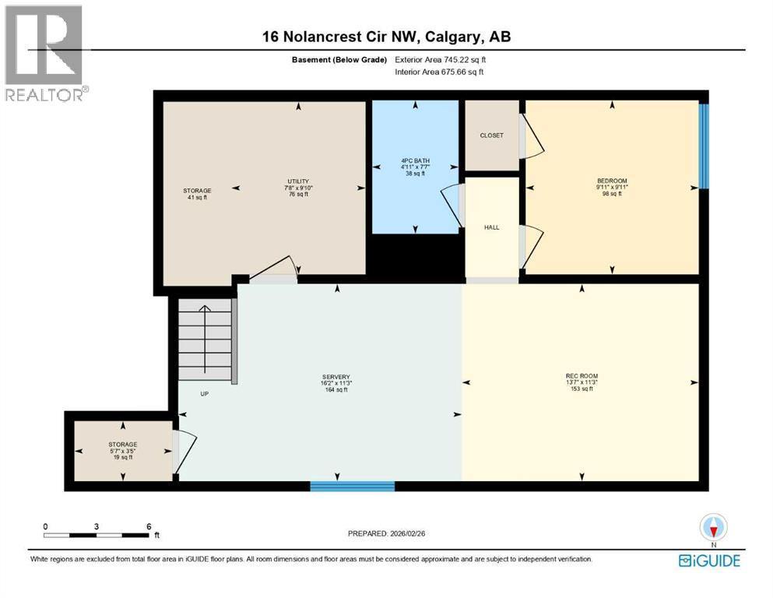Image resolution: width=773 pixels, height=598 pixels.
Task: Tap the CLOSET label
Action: tap(491, 135)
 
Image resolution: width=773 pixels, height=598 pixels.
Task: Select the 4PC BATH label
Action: tap(415, 161)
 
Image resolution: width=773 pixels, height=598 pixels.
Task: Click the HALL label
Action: tap(491, 227)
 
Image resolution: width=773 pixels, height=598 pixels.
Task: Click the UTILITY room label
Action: tap(299, 181)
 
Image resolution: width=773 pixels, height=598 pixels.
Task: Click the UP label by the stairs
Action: tap(205, 394)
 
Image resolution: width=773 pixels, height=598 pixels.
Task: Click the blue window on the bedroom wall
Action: tap(704, 146)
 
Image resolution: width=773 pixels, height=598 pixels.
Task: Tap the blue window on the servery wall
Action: tap(352, 487)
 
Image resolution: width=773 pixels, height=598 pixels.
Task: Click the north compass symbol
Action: tap(712, 529)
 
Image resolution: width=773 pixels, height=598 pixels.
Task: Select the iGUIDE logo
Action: tap(708, 561)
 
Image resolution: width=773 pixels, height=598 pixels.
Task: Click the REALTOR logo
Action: tap(44, 55)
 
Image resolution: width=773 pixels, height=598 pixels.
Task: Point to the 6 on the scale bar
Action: tap(148, 526)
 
